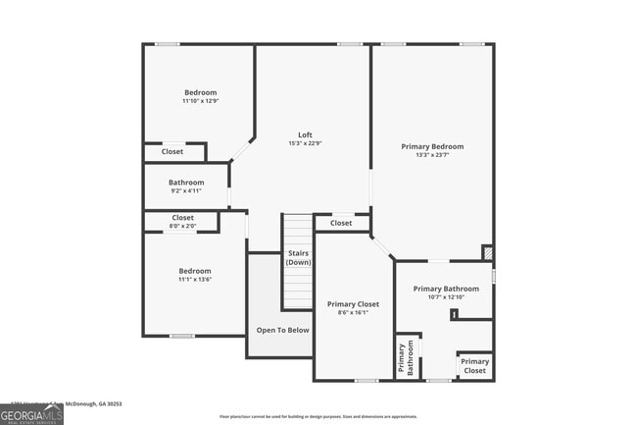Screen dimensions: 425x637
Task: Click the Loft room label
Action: point(306,134)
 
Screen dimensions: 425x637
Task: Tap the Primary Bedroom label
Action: point(432,146)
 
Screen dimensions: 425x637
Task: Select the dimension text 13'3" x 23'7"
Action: point(432,155)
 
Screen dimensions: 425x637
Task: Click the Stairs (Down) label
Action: point(299,258)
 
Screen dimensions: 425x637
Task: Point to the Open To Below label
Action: point(282,330)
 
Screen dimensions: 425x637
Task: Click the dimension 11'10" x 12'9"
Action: point(201,101)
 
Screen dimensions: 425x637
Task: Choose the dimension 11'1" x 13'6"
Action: point(194,280)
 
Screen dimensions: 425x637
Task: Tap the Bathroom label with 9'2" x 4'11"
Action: point(186,183)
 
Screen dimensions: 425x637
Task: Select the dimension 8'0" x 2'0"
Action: point(183,227)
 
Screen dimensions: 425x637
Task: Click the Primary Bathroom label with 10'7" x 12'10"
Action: point(446,289)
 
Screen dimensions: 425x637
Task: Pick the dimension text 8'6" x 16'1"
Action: point(353,313)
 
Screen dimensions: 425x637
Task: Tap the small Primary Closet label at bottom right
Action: point(474,366)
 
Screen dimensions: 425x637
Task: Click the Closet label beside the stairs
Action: point(341,223)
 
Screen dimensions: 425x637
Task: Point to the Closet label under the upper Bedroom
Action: point(172,152)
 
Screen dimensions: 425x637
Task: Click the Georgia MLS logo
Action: point(31,416)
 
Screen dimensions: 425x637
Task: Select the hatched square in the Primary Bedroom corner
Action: point(487,252)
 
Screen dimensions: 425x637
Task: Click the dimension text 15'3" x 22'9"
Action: point(306,143)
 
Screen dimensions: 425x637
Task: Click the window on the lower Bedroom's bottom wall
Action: point(181,336)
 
